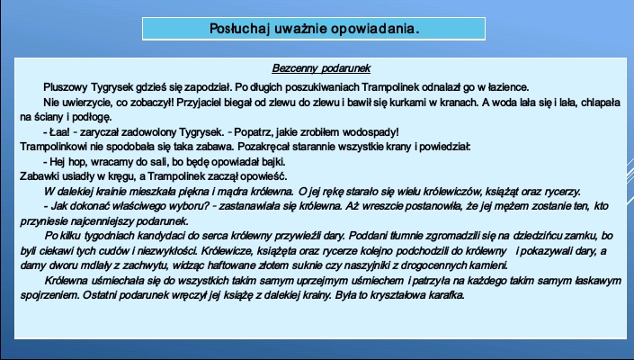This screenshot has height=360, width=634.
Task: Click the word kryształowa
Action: click(397, 295)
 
